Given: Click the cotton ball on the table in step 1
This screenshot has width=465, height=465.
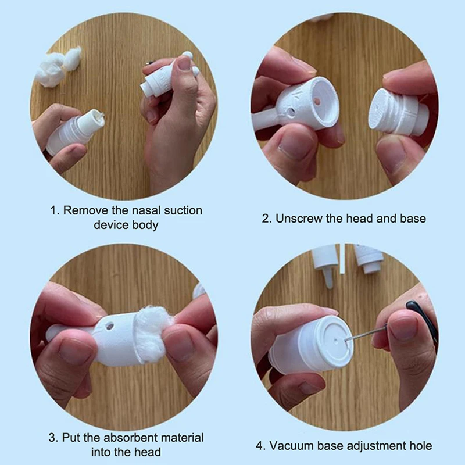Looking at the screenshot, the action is coord(58,67).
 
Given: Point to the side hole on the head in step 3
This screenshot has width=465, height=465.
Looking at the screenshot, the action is coord(109,327).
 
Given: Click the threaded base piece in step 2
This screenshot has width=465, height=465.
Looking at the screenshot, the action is coord(398,113).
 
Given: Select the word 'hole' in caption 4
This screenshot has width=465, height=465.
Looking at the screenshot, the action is coord(421,446).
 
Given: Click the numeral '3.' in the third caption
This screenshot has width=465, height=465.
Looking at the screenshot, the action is coord(53,438).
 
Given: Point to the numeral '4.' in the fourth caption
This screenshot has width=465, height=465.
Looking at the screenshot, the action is coord(261,446).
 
